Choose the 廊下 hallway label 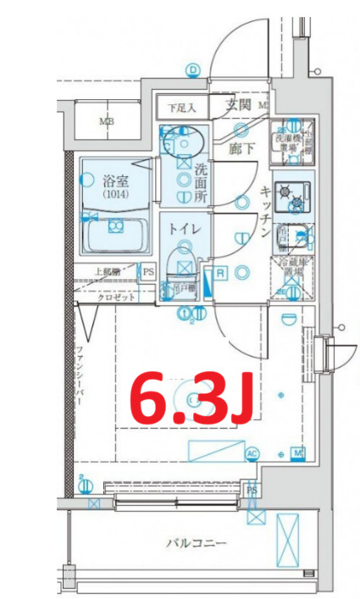pyautogui.click(x=241, y=147)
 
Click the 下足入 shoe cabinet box pyautogui.click(x=181, y=108)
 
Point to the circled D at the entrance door pyautogui.click(x=193, y=69)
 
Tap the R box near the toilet pyautogui.click(x=219, y=273)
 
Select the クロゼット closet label pyautogui.click(x=113, y=298)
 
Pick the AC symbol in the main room pyautogui.click(x=252, y=454)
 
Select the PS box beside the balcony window pyautogui.click(x=252, y=490)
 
